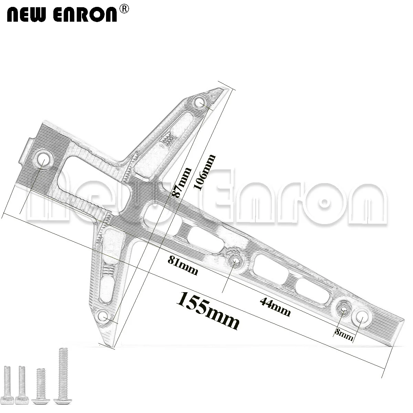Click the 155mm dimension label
pos(208,310)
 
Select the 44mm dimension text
pos(275,307)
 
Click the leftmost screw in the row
pos(9,386)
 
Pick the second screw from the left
pos(22,386)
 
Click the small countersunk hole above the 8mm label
pos(343,309)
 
